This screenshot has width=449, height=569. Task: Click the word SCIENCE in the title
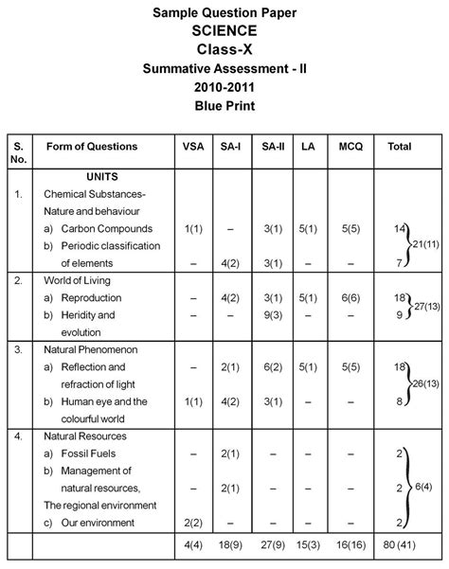[x=224, y=30]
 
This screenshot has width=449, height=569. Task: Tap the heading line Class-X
[x=224, y=49]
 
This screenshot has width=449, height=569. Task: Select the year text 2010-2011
[x=224, y=86]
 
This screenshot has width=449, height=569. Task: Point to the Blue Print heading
[x=224, y=105]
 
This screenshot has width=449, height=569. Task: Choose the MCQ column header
[x=350, y=147]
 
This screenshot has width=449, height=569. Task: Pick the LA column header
[x=308, y=147]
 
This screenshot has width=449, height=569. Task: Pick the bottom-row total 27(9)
[x=270, y=545]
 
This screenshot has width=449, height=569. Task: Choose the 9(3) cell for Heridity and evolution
[x=270, y=315]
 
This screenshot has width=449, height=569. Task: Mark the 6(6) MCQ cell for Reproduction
[x=350, y=298]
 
